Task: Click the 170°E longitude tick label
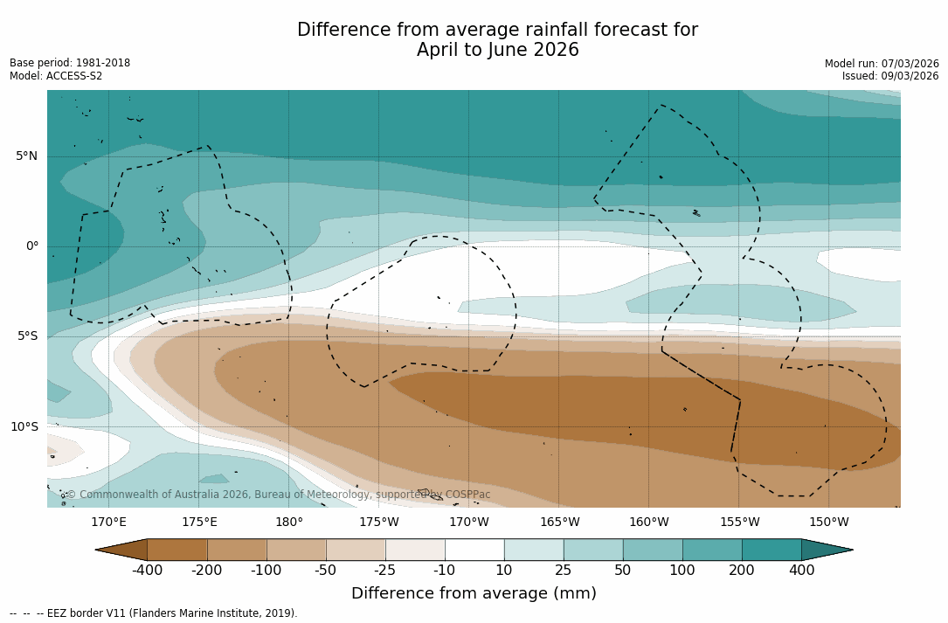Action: pyautogui.click(x=108, y=523)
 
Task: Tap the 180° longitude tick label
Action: pyautogui.click(x=289, y=523)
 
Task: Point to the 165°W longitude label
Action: pyautogui.click(x=559, y=523)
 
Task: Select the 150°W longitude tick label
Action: pyautogui.click(x=829, y=523)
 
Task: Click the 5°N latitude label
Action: pyautogui.click(x=26, y=156)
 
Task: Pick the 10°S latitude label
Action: pyautogui.click(x=24, y=427)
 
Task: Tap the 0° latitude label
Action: pyautogui.click(x=31, y=246)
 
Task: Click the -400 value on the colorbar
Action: pyautogui.click(x=147, y=571)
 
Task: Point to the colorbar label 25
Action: pyautogui.click(x=564, y=571)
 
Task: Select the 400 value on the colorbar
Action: pyautogui.click(x=801, y=571)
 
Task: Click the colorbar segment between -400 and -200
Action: pyautogui.click(x=177, y=550)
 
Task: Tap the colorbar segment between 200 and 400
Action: pyautogui.click(x=772, y=550)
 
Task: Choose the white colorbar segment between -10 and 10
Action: pyautogui.click(x=474, y=550)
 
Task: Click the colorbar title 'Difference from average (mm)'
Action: pyautogui.click(x=474, y=594)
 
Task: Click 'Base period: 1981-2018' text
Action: pyautogui.click(x=70, y=63)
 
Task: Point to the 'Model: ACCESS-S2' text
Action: pyautogui.click(x=56, y=76)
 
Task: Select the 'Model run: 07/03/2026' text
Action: pyautogui.click(x=882, y=64)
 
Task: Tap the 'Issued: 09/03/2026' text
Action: pyautogui.click(x=890, y=76)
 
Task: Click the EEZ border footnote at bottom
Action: pyautogui.click(x=154, y=613)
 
